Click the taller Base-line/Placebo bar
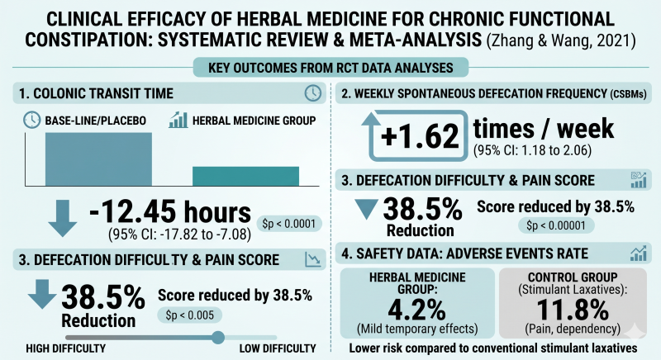coord(98,159)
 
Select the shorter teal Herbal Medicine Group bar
coord(245,176)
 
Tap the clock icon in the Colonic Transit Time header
coord(313,93)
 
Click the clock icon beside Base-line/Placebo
coord(31,120)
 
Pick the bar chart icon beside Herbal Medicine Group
coord(178,120)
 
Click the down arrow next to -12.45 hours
coord(63,218)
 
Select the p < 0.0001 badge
coord(288,224)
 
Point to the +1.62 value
coord(420,136)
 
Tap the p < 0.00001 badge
coord(556,225)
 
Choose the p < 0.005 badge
coord(190,315)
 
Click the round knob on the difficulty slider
coord(218,337)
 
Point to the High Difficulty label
coord(66,348)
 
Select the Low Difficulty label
coord(278,348)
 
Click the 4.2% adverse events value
coord(416,310)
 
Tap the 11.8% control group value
coord(573,310)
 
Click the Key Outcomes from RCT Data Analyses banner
coord(331,68)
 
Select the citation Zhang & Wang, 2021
coord(561,40)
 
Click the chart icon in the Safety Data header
coord(638,253)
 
